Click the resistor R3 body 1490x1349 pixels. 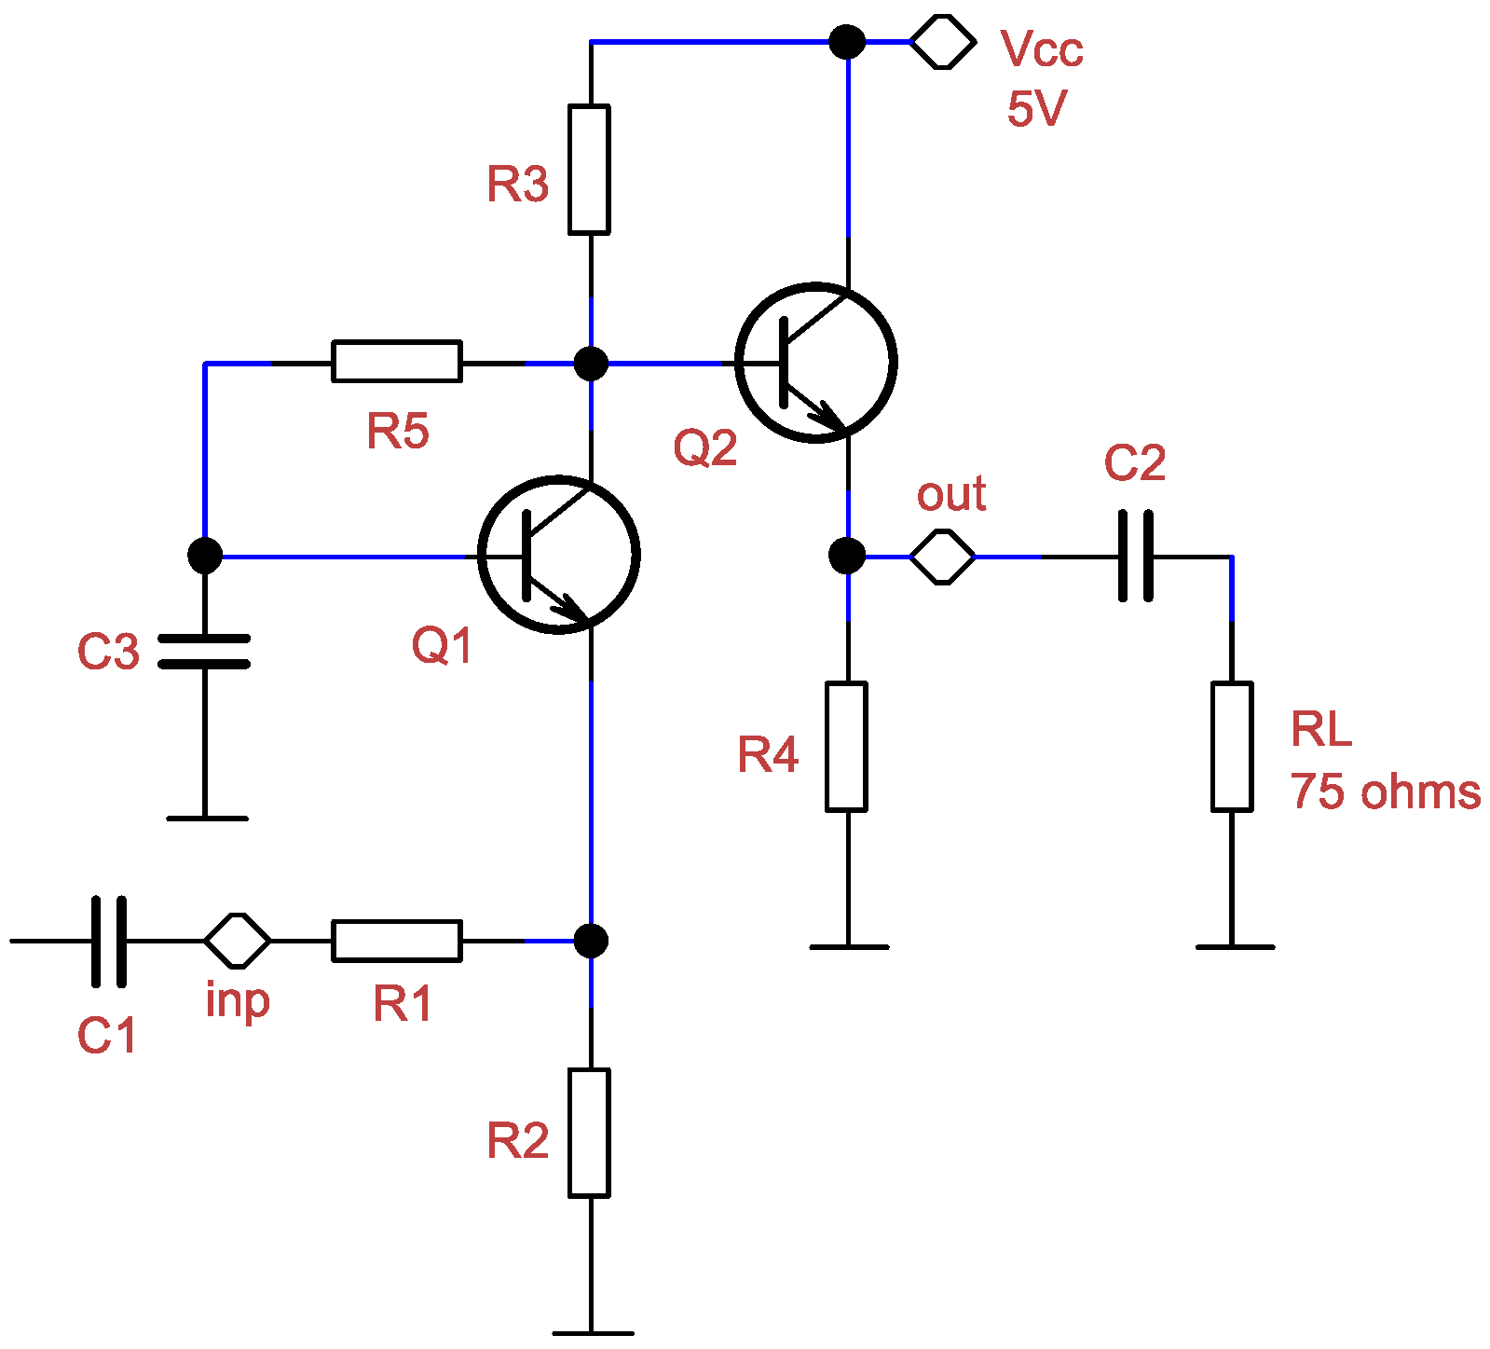(589, 169)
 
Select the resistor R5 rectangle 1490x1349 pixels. (396, 361)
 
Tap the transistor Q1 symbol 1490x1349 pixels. (558, 555)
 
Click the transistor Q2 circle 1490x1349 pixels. (815, 362)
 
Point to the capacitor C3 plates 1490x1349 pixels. (204, 651)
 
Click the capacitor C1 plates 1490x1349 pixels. (109, 941)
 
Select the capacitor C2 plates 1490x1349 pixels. (1135, 556)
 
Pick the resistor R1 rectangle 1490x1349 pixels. (396, 940)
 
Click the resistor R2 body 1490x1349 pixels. (589, 1132)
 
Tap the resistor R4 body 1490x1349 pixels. (846, 746)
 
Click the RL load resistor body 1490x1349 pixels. (1231, 746)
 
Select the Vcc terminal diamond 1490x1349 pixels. (942, 42)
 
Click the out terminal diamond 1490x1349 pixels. (942, 557)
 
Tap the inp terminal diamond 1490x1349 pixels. (238, 940)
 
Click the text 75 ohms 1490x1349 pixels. (1385, 792)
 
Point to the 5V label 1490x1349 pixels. (1036, 109)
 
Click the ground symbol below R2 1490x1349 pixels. (592, 1332)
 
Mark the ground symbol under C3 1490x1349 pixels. (207, 818)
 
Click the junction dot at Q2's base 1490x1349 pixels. (590, 363)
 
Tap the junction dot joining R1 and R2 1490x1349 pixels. (590, 940)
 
